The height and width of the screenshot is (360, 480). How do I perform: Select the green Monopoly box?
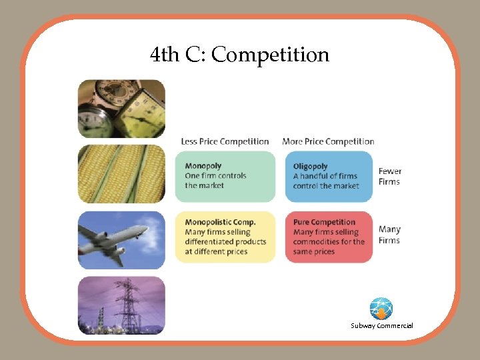[x=225, y=176]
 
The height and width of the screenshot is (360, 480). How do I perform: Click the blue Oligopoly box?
[x=329, y=176]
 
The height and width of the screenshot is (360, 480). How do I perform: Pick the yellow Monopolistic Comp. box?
[x=225, y=237]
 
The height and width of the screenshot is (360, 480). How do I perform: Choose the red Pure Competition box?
[x=329, y=237]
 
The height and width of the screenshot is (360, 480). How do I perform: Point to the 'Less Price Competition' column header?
[x=225, y=141]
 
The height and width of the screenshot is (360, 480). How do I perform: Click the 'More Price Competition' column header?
[x=328, y=141]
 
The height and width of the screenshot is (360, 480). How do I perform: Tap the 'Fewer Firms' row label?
[x=390, y=176]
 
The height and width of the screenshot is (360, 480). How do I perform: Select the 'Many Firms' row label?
[x=389, y=235]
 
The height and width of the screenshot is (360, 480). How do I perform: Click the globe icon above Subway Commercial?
[x=381, y=309]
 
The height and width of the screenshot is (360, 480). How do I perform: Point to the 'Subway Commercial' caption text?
[x=382, y=325]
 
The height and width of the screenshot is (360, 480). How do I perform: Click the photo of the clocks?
[x=121, y=109]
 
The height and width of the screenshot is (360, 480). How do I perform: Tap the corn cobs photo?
[x=121, y=173]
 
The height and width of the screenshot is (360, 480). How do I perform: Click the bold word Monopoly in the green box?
[x=203, y=165]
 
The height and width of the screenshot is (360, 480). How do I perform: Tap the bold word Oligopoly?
[x=311, y=165]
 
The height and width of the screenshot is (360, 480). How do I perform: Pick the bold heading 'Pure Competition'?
[x=324, y=222]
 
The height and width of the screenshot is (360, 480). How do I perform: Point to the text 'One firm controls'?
[x=215, y=175]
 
